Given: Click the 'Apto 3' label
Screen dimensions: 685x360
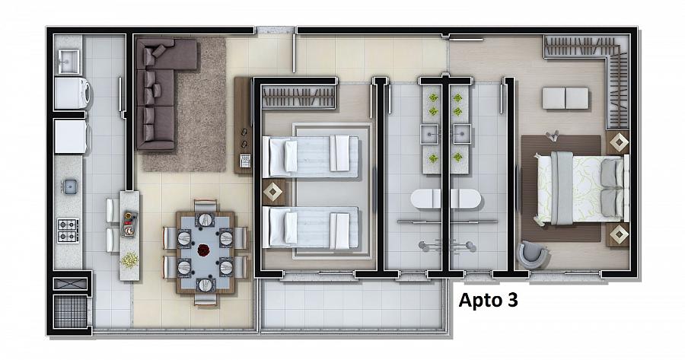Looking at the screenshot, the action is (x=488, y=301).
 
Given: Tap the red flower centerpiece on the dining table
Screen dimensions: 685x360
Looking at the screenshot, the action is (x=203, y=250).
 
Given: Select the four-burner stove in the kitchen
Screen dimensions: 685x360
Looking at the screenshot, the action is (x=68, y=231).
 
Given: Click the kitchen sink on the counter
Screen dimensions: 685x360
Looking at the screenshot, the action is (x=69, y=186).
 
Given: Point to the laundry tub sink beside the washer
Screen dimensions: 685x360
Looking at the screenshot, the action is (x=69, y=62).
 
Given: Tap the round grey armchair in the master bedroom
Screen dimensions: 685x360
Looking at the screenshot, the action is (x=532, y=253).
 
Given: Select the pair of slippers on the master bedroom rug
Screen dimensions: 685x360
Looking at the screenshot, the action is (x=552, y=136).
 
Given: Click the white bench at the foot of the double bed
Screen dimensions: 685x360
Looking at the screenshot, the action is (x=566, y=98).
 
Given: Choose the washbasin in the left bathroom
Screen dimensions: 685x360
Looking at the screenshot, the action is (x=429, y=134).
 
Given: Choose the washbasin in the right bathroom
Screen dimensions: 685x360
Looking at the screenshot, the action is (x=462, y=134).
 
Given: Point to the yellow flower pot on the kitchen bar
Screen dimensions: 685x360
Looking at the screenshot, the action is (x=129, y=260).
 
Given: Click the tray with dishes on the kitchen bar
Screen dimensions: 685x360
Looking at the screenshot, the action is (x=129, y=223).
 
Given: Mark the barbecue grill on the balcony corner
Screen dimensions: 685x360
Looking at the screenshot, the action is (x=70, y=311).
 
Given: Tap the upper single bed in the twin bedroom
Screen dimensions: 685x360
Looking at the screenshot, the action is (x=311, y=157).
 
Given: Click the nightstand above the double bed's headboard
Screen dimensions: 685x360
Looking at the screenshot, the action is (x=618, y=142).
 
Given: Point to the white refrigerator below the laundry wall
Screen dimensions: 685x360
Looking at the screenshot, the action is (x=72, y=136).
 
